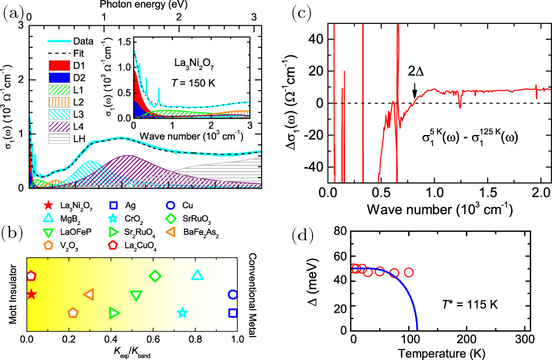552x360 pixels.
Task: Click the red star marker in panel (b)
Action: coord(31,294)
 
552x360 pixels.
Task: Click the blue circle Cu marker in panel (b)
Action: coord(233,295)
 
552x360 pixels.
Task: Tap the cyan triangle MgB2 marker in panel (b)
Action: coord(197,275)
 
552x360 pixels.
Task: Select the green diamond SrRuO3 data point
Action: coord(155,276)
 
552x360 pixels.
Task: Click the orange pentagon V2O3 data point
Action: coord(73,313)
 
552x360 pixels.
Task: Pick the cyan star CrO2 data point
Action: coord(182,313)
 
